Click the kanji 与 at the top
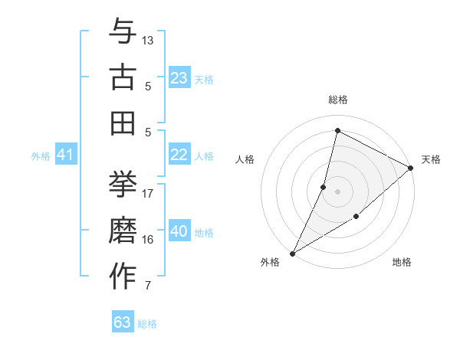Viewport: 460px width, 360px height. coord(123,32)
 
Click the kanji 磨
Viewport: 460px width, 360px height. coord(123,231)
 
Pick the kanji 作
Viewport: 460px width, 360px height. coord(123,277)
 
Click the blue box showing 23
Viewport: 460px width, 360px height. coord(179,77)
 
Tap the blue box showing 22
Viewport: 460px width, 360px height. coord(179,155)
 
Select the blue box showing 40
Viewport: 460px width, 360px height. coord(179,231)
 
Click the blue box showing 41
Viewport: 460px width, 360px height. coord(65,155)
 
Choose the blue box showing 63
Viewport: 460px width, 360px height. coord(123,322)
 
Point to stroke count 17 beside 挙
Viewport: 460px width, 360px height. coord(148,193)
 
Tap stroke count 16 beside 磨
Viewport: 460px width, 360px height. coord(148,240)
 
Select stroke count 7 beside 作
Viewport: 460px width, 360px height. coord(148,286)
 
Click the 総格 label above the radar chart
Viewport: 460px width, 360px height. coord(338,100)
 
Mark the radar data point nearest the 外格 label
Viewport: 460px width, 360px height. coord(292,253)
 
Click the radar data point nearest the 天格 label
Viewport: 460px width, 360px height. coord(411,168)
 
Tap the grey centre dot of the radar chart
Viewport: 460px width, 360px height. coord(337,191)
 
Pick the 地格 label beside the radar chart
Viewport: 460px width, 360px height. coord(402,263)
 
